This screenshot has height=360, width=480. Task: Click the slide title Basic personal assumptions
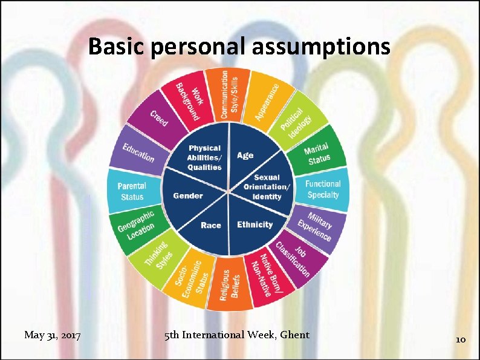(x=239, y=46)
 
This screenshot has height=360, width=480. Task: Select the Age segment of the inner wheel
(x=245, y=155)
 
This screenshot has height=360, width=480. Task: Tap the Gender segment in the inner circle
(x=188, y=195)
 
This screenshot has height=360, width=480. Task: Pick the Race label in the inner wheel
(x=210, y=225)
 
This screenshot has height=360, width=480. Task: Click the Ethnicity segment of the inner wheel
(x=255, y=224)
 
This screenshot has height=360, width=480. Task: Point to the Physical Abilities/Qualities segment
(x=205, y=157)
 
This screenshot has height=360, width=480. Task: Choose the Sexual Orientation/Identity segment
(x=267, y=187)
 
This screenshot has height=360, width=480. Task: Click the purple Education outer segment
(x=138, y=151)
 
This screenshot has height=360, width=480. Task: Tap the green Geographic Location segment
(x=136, y=226)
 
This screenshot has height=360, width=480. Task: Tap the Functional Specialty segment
(x=322, y=189)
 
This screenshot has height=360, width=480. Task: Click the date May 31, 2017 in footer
(x=53, y=335)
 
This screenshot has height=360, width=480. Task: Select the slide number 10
(x=460, y=339)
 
